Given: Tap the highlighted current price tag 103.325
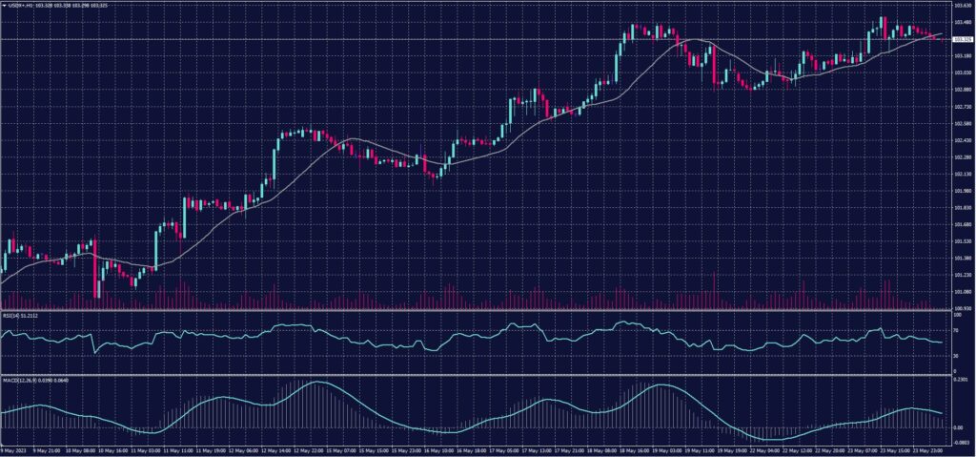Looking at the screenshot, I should (960, 39).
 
